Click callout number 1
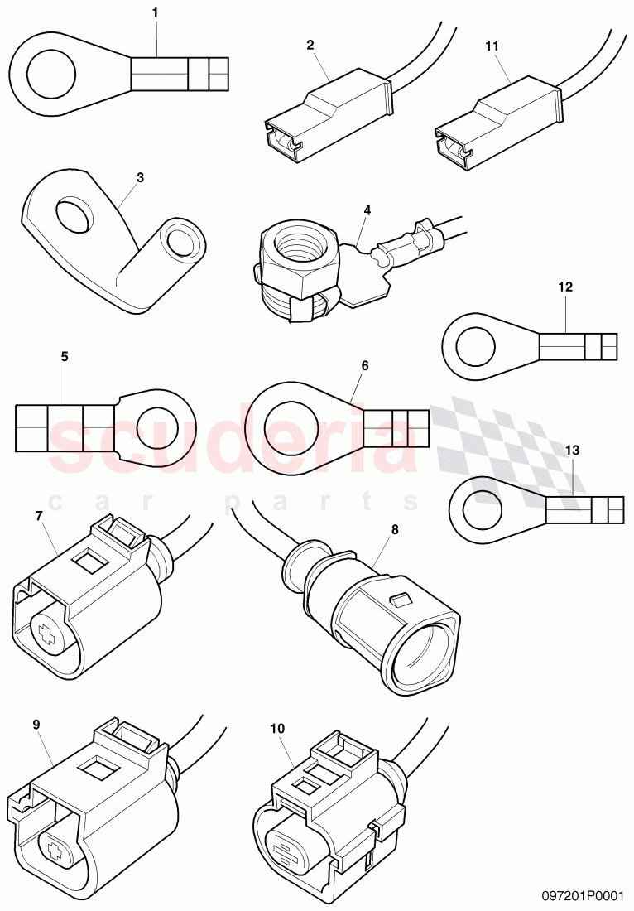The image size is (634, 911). point(155,13)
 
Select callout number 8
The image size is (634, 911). point(394,529)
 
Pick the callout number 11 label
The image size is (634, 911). point(492,46)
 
